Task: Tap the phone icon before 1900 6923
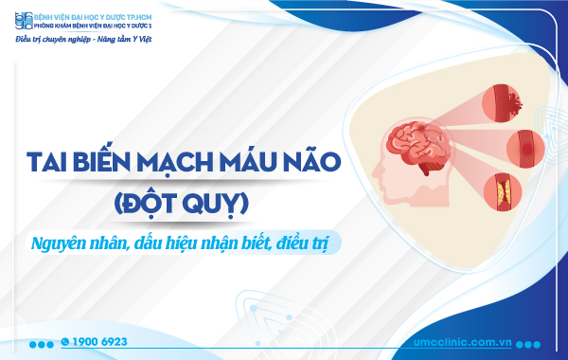(x=64, y=340)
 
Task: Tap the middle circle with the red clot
(x=525, y=148)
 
